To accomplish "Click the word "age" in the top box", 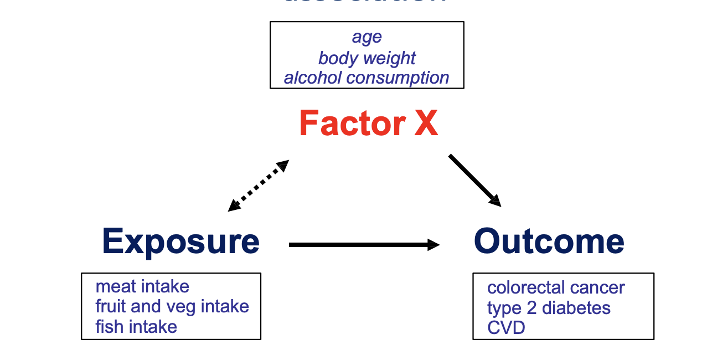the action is pyautogui.click(x=367, y=38).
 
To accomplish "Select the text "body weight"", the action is pyautogui.click(x=367, y=58).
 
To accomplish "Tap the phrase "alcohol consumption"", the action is pyautogui.click(x=367, y=78).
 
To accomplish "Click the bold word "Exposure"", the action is pyautogui.click(x=180, y=241).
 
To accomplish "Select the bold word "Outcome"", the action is pyautogui.click(x=549, y=241).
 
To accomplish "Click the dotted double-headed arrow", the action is pyautogui.click(x=259, y=186).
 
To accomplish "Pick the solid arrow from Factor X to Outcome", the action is pyautogui.click(x=474, y=180).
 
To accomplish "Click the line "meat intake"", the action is pyautogui.click(x=142, y=286).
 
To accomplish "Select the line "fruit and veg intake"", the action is pyautogui.click(x=172, y=306).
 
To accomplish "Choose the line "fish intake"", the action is pyautogui.click(x=136, y=327).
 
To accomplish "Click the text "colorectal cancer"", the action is pyautogui.click(x=556, y=287).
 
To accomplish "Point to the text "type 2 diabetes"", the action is pyautogui.click(x=549, y=308).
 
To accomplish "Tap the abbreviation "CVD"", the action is pyautogui.click(x=506, y=328).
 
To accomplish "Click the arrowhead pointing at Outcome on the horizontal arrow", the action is pyautogui.click(x=434, y=244).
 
